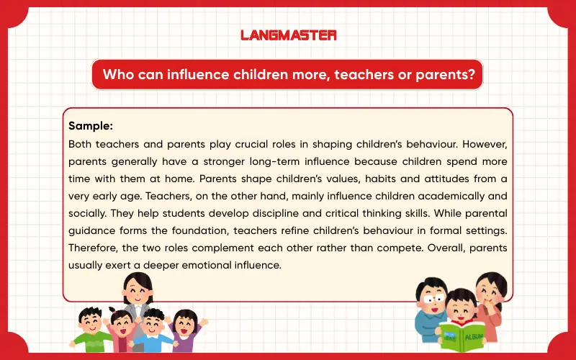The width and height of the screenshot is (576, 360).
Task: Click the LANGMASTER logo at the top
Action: pyautogui.click(x=287, y=35)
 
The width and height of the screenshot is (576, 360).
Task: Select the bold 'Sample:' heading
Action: pyautogui.click(x=91, y=126)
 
